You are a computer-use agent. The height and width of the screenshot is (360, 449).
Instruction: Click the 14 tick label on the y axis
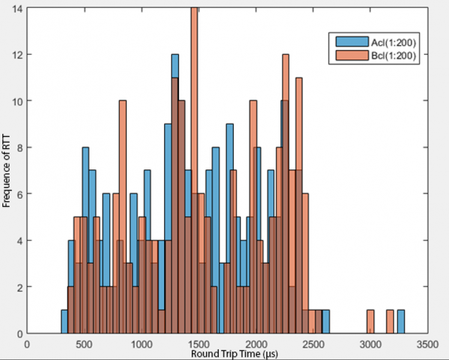18,8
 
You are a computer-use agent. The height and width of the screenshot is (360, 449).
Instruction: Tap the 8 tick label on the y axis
20,148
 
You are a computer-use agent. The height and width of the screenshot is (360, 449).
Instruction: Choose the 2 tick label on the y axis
20,287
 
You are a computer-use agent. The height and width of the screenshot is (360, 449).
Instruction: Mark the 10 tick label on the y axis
18,102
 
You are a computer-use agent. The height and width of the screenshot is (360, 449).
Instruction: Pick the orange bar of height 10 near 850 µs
123,216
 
